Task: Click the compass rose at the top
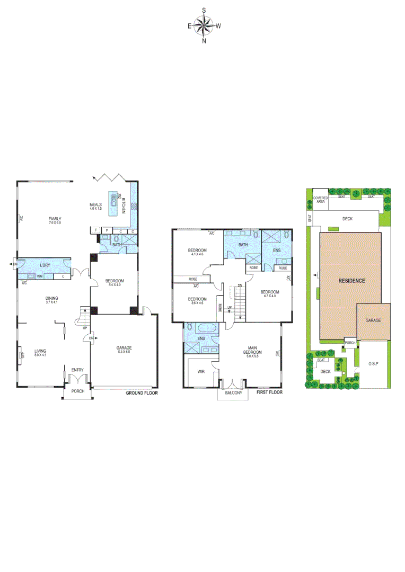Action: coord(204,25)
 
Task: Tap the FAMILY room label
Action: coord(55,219)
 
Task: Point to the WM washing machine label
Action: coord(40,276)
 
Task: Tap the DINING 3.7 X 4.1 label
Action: coord(51,300)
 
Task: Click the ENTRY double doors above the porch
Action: coord(78,380)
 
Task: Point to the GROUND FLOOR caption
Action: coord(142,393)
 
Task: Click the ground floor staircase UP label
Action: coord(85,327)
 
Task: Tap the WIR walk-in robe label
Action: coord(201,372)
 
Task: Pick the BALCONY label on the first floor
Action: coord(233,394)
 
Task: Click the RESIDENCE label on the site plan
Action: coord(351,281)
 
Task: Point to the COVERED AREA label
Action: coord(320,200)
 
